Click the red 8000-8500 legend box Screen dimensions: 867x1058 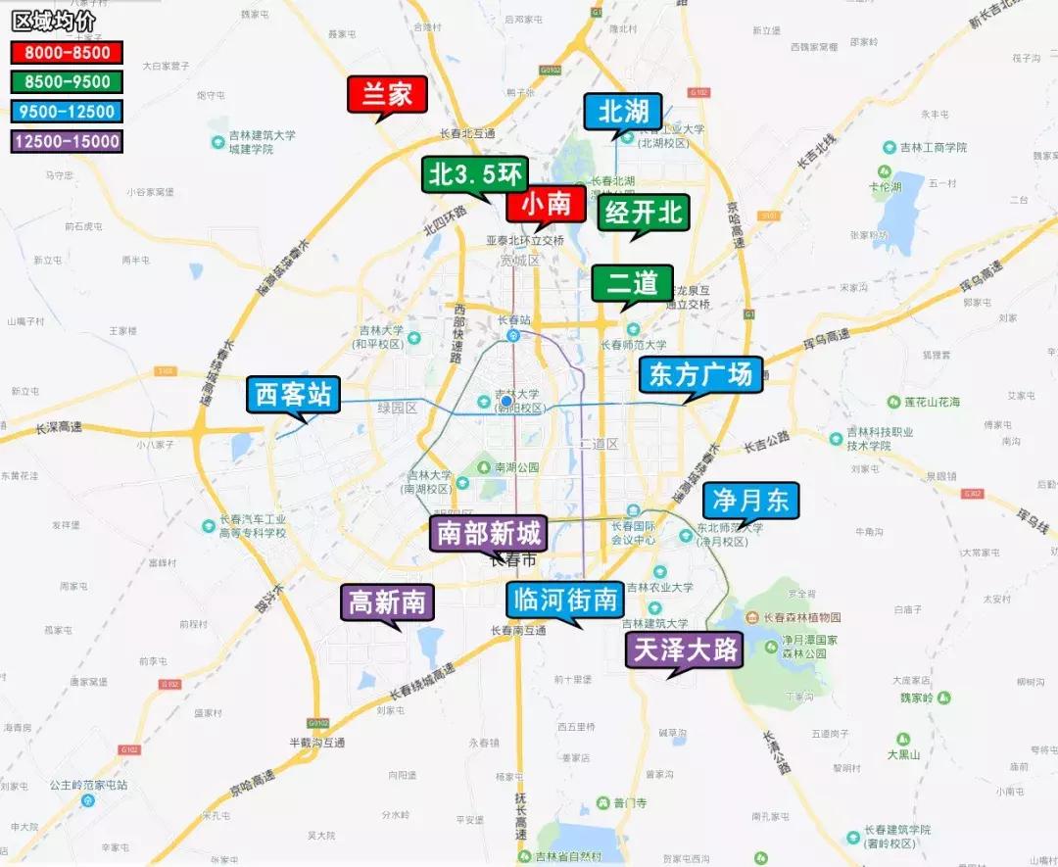67,52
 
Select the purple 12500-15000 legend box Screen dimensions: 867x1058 67,142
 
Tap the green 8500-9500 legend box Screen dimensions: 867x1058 67,82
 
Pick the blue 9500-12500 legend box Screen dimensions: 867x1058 67,112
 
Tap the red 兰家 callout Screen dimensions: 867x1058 387,95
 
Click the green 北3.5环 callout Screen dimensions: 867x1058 475,175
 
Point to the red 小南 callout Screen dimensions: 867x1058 546,205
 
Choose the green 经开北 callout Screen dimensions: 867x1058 644,213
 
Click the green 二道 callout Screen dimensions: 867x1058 632,284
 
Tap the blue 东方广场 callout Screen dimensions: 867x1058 700,375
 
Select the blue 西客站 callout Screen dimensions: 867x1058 293,395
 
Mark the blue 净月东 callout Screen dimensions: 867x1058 750,501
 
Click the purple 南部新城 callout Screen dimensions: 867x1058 488,534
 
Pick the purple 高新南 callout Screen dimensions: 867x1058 388,602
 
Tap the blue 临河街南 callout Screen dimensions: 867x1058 565,600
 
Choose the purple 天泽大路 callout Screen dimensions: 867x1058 685,649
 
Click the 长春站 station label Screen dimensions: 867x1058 513,320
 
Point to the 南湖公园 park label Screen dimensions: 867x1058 516,467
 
